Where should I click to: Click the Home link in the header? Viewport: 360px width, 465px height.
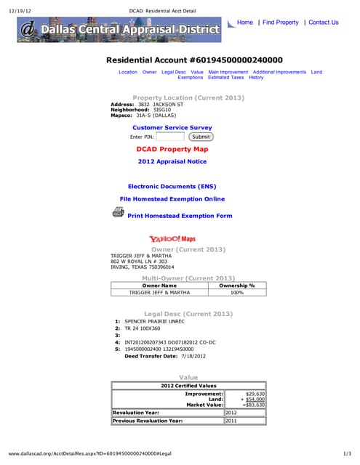[x=244, y=23]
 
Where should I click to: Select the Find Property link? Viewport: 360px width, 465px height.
[x=281, y=23]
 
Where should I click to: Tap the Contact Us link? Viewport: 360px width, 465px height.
[x=324, y=23]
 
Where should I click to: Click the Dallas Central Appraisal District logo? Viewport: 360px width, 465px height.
[x=120, y=30]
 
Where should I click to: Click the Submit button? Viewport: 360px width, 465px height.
[x=201, y=137]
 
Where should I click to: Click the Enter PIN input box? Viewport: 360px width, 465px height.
[x=170, y=137]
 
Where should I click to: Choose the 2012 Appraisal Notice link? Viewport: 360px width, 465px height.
[x=172, y=161]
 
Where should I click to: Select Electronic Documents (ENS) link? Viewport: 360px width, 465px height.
[x=172, y=187]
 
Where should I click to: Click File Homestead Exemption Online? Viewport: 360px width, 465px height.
[x=172, y=199]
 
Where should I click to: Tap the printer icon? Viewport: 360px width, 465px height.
[x=118, y=212]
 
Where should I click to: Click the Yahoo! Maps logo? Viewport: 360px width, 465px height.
[x=172, y=239]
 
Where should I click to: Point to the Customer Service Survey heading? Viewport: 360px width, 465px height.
[x=172, y=127]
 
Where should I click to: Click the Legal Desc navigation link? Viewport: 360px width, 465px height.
[x=173, y=73]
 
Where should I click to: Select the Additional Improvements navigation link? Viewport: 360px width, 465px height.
[x=279, y=73]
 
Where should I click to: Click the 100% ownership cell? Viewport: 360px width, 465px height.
[x=236, y=293]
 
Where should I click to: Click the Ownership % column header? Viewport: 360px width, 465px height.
[x=236, y=286]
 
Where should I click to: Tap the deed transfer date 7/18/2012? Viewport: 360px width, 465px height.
[x=193, y=356]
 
